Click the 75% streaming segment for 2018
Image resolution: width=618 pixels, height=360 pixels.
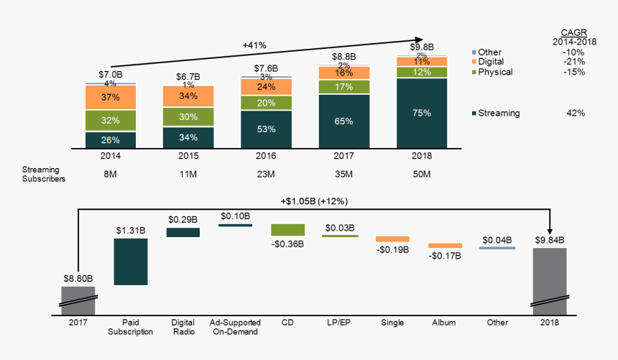(x=421, y=113)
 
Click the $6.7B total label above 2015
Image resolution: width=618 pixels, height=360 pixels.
(x=188, y=77)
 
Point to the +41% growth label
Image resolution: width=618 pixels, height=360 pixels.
(x=254, y=45)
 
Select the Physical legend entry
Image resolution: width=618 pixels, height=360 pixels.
(x=496, y=72)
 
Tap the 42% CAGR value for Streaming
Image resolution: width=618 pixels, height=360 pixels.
(x=576, y=114)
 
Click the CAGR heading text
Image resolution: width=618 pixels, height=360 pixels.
(x=573, y=32)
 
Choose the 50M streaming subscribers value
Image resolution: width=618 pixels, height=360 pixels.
(x=421, y=174)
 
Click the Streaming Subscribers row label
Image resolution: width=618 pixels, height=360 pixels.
(x=42, y=174)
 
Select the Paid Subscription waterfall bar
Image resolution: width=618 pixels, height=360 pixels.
(x=131, y=262)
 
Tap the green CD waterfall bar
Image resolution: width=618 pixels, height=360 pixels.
(x=287, y=229)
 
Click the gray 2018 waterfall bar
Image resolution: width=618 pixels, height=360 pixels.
(x=550, y=277)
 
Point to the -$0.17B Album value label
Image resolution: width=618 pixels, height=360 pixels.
(x=444, y=256)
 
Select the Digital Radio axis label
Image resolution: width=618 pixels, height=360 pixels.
(x=183, y=327)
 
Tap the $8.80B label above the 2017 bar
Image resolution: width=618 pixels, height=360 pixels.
(x=78, y=278)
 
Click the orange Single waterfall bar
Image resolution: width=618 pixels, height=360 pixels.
(x=392, y=239)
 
